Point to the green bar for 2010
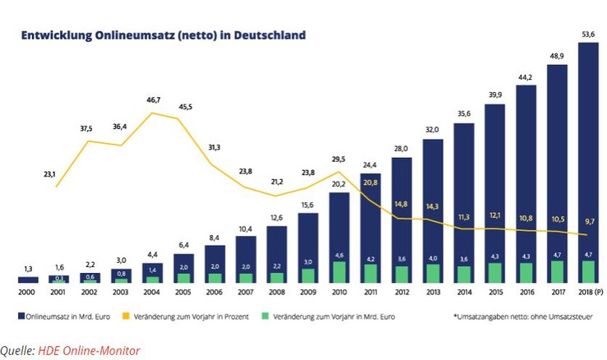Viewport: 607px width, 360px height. coord(339,272)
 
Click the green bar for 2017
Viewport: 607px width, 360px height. coord(557,272)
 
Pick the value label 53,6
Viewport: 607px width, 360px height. coord(588,33)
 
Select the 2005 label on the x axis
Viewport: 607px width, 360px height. coord(183,293)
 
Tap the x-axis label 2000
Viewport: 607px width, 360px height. coord(28,293)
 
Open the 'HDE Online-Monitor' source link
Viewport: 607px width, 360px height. coord(88,351)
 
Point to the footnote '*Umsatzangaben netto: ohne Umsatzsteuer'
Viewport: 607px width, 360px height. coord(517,315)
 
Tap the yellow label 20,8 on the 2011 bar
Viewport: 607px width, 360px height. coord(371,182)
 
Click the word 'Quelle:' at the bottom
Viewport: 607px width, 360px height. coord(17,351)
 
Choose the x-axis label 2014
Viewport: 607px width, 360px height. coord(464,293)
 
